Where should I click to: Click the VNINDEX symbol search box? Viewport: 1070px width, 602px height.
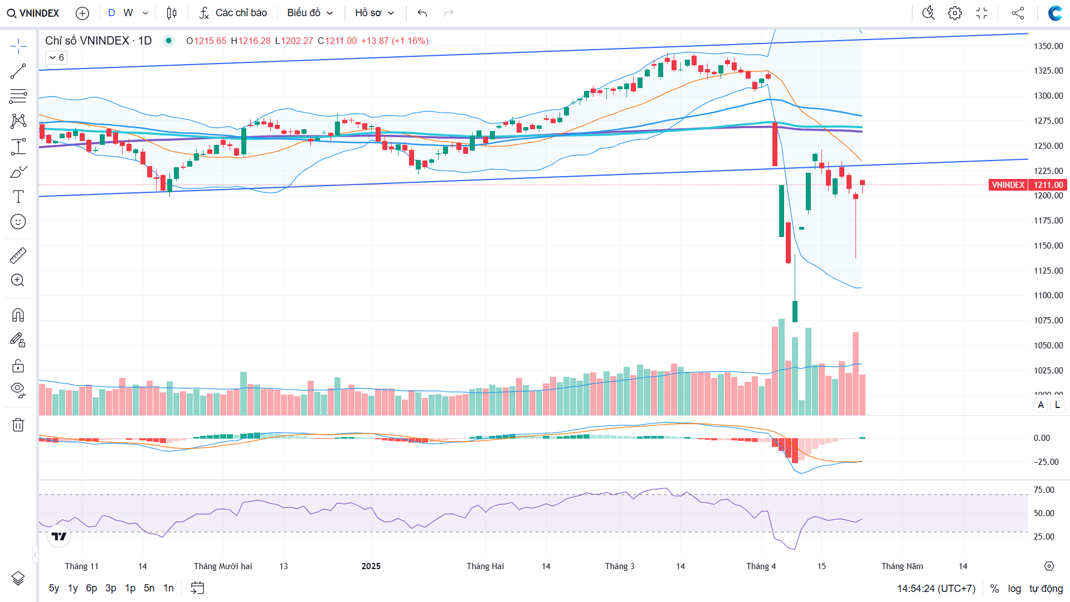click(33, 13)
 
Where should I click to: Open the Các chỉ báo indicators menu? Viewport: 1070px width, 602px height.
click(234, 13)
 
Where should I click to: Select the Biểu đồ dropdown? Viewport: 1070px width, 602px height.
click(310, 13)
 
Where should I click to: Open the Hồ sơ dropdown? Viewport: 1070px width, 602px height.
click(374, 13)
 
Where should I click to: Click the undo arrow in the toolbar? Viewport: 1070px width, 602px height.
click(422, 13)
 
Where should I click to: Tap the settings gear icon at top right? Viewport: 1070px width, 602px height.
click(955, 13)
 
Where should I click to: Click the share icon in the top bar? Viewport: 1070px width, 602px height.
click(1018, 13)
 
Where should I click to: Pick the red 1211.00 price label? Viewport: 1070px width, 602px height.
click(1048, 185)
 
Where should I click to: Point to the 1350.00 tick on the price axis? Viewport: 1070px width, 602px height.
click(1048, 46)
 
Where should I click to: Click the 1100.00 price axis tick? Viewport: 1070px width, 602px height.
click(1048, 295)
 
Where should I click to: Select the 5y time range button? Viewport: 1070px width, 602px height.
click(54, 588)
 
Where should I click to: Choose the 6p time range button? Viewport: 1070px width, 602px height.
click(91, 588)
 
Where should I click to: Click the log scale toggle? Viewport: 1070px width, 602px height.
click(1014, 589)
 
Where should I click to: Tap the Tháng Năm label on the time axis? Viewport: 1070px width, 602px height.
click(902, 566)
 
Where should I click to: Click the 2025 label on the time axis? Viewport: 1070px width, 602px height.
click(371, 566)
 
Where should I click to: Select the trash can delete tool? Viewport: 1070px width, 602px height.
click(18, 425)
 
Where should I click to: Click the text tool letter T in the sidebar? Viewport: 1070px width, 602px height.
click(18, 196)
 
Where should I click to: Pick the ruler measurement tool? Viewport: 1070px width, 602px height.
click(18, 255)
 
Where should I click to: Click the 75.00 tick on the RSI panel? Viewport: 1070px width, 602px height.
click(1044, 490)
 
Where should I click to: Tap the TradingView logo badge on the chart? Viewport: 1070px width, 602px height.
click(59, 536)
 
